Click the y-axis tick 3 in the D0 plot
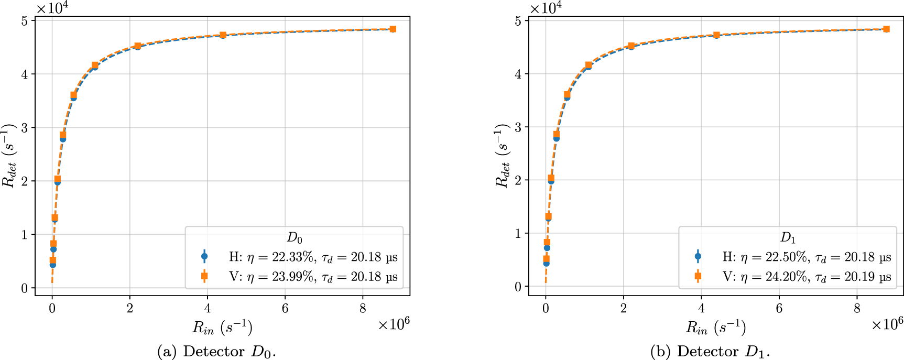coord(25,128)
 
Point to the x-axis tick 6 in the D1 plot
coord(779,309)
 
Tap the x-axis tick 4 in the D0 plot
coord(208,309)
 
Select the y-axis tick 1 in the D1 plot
coord(519,234)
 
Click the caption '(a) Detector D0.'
coord(216,351)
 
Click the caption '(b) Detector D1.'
coord(710,351)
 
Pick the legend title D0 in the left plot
coord(295,238)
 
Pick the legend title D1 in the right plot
coord(788,238)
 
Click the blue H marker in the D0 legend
coord(204,257)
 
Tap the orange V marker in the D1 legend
coord(698,276)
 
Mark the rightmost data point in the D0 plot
coord(393,29)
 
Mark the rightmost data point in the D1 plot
coord(886,29)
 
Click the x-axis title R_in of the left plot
coord(223,328)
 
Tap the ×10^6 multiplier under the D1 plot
coord(887,324)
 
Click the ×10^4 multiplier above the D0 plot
coord(52,8)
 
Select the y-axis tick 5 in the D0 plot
coord(25,20)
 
